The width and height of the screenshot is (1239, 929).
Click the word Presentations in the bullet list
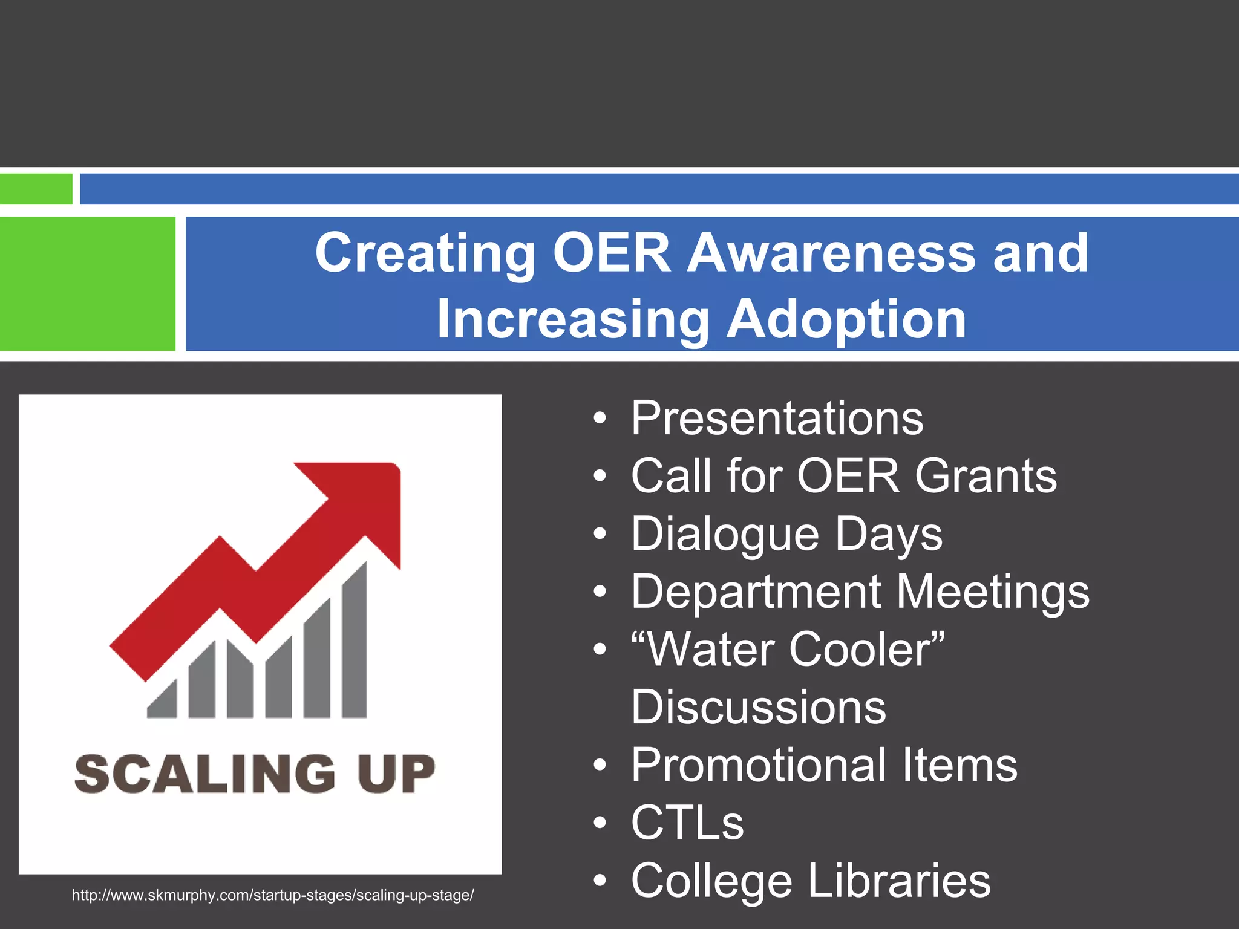[777, 419]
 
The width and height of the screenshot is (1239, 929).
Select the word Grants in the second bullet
[986, 476]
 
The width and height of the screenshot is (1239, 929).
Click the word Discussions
[759, 707]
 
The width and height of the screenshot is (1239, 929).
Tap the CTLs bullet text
[687, 823]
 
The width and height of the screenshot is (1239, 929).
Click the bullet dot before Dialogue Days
[600, 535]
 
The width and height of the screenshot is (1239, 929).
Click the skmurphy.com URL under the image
[273, 895]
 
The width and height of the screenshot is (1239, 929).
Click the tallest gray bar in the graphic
[355, 641]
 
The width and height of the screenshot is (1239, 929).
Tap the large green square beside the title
[88, 284]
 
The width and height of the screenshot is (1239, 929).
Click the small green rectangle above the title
[36, 189]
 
